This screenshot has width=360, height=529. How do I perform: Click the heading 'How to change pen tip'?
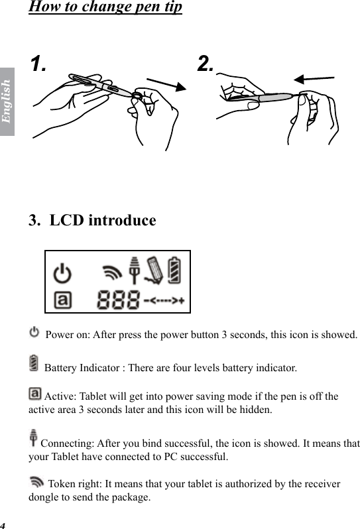coord(105,8)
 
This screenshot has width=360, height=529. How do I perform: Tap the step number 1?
coord(38,64)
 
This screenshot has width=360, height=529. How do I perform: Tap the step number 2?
coord(206,64)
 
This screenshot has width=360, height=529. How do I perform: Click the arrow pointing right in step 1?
coord(166,86)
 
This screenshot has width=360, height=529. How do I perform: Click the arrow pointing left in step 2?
coord(314,79)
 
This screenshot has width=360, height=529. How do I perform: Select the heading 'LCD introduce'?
coord(92,220)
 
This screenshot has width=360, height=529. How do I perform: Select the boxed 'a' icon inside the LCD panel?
coord(62,300)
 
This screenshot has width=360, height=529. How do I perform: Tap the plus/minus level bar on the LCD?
coord(164,301)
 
